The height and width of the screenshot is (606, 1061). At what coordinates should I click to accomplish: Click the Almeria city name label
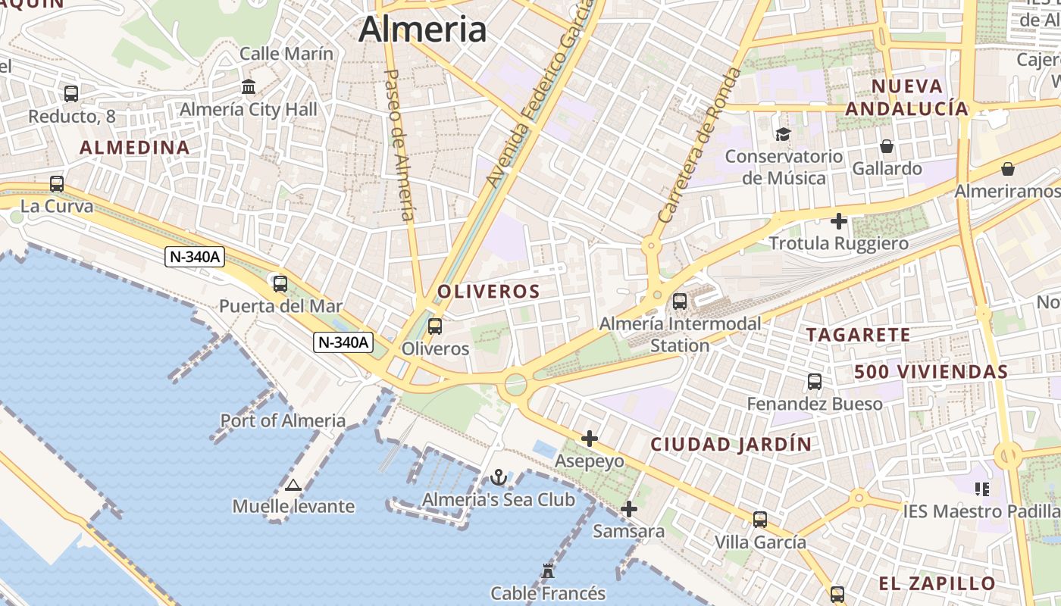tap(422, 29)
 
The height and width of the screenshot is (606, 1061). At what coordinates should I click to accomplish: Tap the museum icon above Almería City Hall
tap(249, 87)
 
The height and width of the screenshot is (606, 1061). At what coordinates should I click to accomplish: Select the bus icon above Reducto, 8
tap(71, 94)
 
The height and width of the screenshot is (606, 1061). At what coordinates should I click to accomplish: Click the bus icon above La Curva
tap(57, 184)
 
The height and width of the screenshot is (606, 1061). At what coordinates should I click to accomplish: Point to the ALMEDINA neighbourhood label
tap(135, 148)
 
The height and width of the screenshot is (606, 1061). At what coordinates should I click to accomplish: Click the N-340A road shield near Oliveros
tap(343, 342)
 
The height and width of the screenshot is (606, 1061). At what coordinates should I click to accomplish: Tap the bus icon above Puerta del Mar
tap(280, 284)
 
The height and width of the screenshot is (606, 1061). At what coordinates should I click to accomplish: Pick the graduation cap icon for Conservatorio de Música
tap(783, 134)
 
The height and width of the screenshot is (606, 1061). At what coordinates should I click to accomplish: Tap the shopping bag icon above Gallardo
tap(887, 146)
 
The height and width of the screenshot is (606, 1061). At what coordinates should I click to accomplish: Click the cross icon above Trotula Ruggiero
tap(839, 221)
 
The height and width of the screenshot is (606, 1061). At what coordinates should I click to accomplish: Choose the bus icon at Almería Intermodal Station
tap(680, 301)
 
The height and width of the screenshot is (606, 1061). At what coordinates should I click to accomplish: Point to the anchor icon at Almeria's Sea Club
tap(498, 477)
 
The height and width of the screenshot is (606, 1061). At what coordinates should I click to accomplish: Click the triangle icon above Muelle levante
tap(293, 484)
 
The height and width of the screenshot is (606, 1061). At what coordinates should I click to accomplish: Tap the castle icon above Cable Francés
tap(548, 570)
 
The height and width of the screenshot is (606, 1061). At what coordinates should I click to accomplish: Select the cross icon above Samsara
tap(628, 509)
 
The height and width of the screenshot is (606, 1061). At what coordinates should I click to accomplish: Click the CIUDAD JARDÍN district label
tap(731, 445)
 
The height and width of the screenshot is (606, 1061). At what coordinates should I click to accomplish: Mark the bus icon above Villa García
tap(760, 520)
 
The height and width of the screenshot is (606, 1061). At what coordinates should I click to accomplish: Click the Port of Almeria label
tap(283, 420)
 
